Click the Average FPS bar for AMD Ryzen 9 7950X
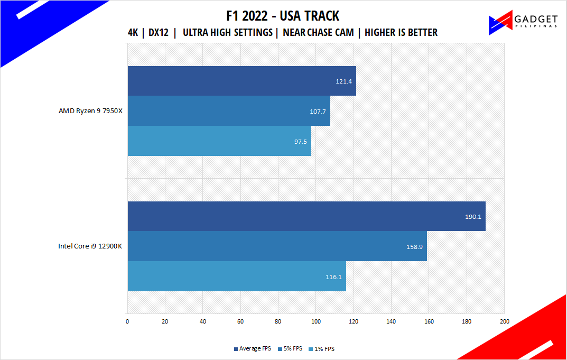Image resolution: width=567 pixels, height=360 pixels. [x=241, y=81]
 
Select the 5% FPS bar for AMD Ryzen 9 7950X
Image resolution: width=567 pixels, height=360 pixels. [x=229, y=110]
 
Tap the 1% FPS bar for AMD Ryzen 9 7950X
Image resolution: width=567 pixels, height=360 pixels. [x=219, y=141]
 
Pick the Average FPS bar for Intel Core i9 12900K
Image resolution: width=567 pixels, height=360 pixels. [x=306, y=216]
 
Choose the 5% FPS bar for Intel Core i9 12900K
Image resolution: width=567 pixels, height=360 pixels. [x=277, y=246]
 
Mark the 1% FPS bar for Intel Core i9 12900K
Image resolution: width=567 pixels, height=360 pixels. [x=237, y=276]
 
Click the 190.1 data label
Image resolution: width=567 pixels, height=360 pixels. [x=473, y=216]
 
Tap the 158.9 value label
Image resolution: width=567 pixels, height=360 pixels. [x=415, y=246]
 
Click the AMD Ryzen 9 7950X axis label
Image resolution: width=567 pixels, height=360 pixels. [x=90, y=111]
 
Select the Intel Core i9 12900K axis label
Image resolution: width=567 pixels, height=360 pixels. [x=90, y=246]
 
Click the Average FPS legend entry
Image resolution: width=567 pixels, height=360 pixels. [x=253, y=349]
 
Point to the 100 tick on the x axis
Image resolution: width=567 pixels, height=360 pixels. [x=316, y=321]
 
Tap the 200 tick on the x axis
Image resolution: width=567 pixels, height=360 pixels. [x=504, y=321]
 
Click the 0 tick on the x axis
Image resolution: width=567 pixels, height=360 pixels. [x=127, y=321]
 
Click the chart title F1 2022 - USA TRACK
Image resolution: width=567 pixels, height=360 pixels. [x=283, y=16]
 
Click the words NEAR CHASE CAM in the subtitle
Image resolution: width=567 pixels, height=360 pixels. [x=318, y=33]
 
